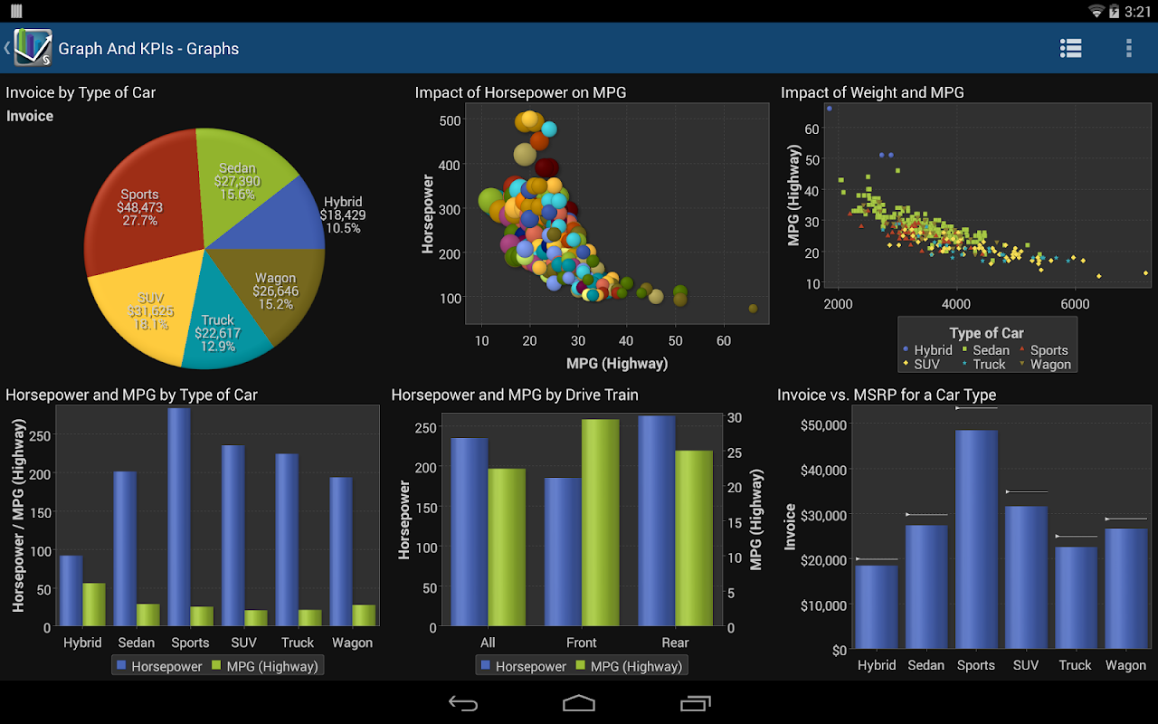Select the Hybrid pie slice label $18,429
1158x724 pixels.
[x=343, y=214]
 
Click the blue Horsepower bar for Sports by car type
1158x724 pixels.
[x=179, y=516]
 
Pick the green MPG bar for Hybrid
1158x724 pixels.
[x=94, y=604]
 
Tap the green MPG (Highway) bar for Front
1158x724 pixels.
[x=600, y=522]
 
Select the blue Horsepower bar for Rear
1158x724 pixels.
[x=657, y=520]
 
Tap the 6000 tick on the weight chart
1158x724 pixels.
[x=1075, y=304]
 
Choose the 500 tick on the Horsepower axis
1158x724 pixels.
[x=450, y=120]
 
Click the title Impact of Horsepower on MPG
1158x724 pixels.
[x=520, y=92]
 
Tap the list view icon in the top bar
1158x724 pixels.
[x=1071, y=48]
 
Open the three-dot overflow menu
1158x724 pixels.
[x=1128, y=48]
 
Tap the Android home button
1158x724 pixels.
[x=579, y=703]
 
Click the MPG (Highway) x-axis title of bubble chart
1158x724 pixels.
[x=617, y=364]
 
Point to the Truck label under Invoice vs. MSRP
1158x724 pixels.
[x=1075, y=665]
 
